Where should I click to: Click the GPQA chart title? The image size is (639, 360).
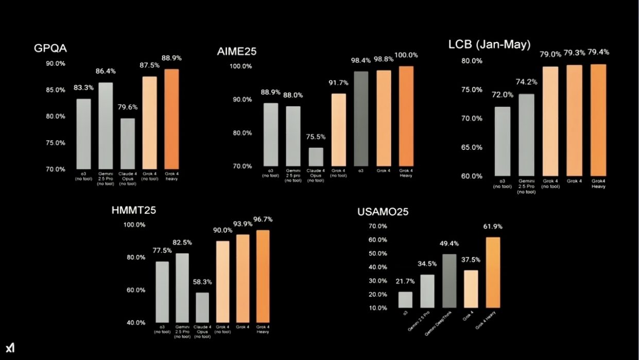[50, 48]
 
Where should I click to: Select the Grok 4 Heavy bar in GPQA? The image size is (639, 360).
[172, 119]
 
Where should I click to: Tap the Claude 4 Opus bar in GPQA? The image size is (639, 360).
[128, 144]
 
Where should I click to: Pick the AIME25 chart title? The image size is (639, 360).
[236, 51]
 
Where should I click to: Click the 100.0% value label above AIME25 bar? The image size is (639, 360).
[406, 55]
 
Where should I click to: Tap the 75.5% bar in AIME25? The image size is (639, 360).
[316, 157]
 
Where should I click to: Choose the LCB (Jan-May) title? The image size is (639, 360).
[489, 45]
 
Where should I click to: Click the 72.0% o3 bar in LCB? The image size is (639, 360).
[502, 142]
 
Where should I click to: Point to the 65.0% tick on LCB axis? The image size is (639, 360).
[471, 147]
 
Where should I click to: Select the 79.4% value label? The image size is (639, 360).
[598, 52]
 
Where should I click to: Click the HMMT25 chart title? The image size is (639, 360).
[133, 210]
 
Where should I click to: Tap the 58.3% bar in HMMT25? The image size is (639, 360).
[202, 307]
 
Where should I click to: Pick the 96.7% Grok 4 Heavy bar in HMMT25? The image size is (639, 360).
[263, 277]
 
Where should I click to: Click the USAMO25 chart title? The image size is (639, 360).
[383, 212]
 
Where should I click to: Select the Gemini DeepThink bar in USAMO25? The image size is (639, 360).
[449, 281]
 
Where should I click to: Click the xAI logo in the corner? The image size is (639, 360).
[10, 348]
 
